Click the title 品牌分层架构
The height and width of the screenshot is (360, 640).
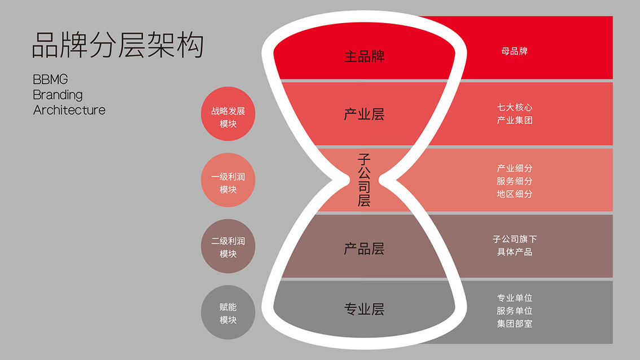(117, 45)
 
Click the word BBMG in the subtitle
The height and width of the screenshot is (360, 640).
(50, 79)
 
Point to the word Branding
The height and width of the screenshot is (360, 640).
(58, 95)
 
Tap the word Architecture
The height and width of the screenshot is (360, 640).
(69, 110)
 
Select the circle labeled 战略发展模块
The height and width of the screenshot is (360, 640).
(228, 114)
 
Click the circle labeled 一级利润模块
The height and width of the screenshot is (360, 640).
(228, 180)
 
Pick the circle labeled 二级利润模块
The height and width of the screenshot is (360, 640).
(228, 246)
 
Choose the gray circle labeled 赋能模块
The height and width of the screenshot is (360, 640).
(228, 312)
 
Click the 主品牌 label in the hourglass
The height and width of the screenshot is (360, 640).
(364, 56)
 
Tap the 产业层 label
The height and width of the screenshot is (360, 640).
(364, 115)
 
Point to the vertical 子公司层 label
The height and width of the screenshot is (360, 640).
(364, 180)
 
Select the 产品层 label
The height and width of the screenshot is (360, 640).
(364, 249)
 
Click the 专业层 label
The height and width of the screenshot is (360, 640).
(364, 309)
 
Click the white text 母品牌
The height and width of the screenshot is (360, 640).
(514, 51)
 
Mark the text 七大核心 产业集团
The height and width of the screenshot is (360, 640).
(515, 113)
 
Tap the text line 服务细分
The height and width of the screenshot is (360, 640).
(515, 181)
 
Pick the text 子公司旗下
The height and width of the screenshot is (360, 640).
(515, 239)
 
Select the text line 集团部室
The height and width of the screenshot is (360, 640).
(515, 324)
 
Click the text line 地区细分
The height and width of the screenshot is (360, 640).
(515, 194)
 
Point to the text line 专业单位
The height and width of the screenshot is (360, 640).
(515, 298)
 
